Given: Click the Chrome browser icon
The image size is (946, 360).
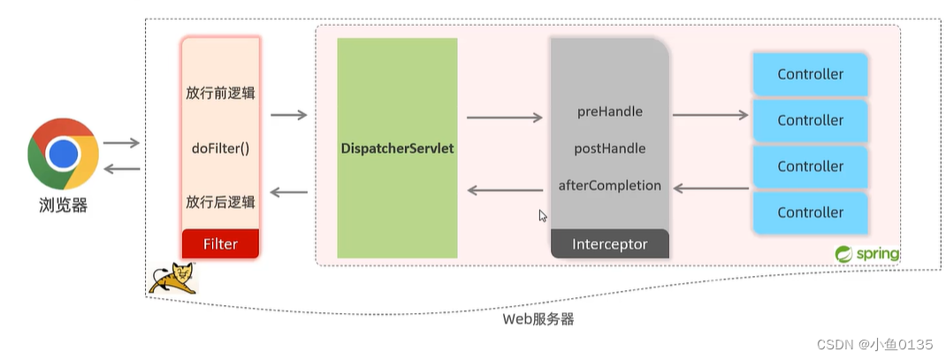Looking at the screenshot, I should point(63,156).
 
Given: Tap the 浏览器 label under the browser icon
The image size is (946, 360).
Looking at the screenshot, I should point(63,206).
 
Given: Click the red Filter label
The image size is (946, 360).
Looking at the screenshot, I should point(220,243).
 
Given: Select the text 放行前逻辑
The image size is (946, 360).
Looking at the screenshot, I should point(220,92).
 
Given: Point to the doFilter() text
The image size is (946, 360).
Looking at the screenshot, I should point(220,148).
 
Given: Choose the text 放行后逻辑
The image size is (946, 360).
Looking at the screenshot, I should point(220,202).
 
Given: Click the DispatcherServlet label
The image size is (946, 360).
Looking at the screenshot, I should point(397,149).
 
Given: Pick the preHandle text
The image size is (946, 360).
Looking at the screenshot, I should point(609,111).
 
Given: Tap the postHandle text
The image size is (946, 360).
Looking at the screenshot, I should point(609,149).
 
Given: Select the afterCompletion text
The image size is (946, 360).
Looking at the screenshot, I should point(609,186).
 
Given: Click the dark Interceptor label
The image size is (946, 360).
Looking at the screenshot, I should point(609,244).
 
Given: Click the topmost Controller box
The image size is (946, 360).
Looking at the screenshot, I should point(810,74).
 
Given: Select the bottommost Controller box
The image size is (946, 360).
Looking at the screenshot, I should point(810,212).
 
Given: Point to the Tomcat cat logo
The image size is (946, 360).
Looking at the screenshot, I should point(172,277).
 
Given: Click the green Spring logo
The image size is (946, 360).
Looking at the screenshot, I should point(866,254).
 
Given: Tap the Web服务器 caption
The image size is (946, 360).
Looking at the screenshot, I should point(538,319).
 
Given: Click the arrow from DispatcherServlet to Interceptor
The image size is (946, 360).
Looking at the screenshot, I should point(504,117).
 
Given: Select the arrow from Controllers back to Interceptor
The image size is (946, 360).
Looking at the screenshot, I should point(710,188).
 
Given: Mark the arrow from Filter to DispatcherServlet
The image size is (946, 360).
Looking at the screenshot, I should point(288,115).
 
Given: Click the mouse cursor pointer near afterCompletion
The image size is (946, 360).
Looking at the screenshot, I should point(543,215).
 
